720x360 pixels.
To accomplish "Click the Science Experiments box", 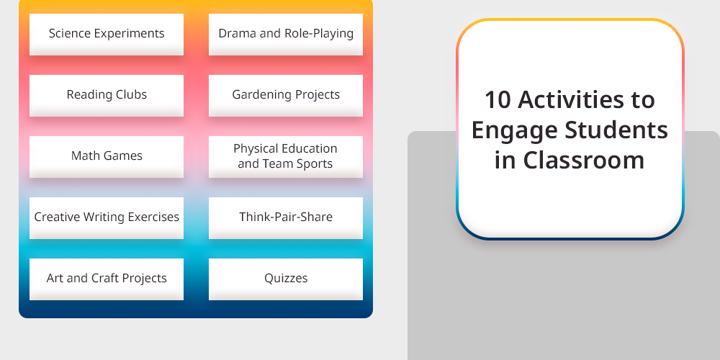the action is [107, 35].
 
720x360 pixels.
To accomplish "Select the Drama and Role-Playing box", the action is [286, 35].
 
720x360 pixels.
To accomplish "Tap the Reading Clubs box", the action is [107, 96].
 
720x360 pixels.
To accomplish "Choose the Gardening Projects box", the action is [286, 96].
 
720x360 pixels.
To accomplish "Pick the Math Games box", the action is [107, 156].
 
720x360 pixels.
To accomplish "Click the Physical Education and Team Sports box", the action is [286, 156].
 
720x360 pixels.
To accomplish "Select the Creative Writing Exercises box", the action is [107, 218].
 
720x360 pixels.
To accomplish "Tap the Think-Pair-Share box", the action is [286, 218].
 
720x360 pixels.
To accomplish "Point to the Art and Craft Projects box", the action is [107, 279].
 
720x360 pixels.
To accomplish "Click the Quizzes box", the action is [286, 279].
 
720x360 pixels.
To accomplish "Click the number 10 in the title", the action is [498, 99].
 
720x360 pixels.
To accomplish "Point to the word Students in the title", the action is [616, 130].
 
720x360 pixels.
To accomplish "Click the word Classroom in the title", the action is [584, 160].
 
